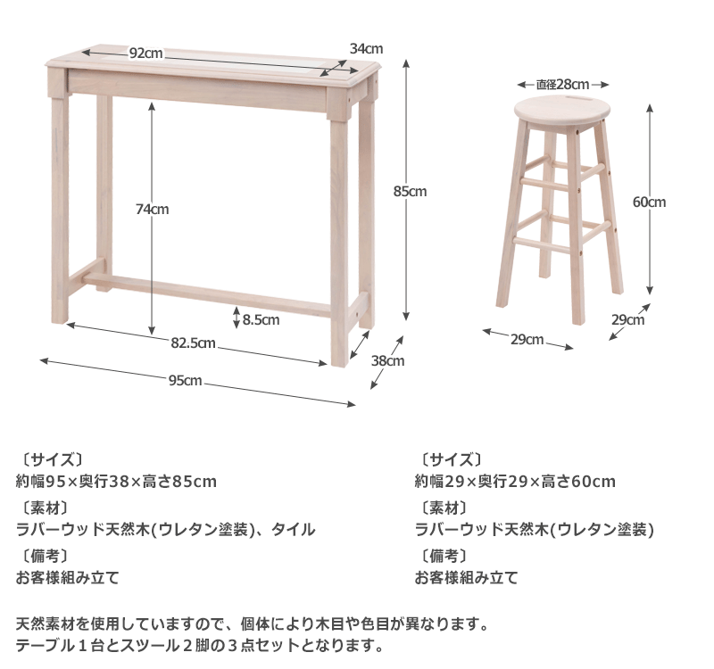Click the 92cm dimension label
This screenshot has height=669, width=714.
[145, 53]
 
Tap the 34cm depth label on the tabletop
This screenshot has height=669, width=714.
[366, 48]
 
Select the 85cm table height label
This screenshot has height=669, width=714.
[411, 191]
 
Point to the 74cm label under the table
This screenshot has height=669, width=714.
[153, 210]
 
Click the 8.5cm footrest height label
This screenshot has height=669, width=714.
[261, 318]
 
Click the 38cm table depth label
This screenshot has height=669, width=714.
[388, 361]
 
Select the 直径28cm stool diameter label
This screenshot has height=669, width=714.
[562, 85]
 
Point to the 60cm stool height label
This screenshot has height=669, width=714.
[650, 202]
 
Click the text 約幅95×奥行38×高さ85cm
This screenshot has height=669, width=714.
[117, 482]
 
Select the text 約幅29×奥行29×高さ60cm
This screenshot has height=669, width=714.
[515, 482]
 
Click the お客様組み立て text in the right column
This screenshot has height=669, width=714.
[466, 577]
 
